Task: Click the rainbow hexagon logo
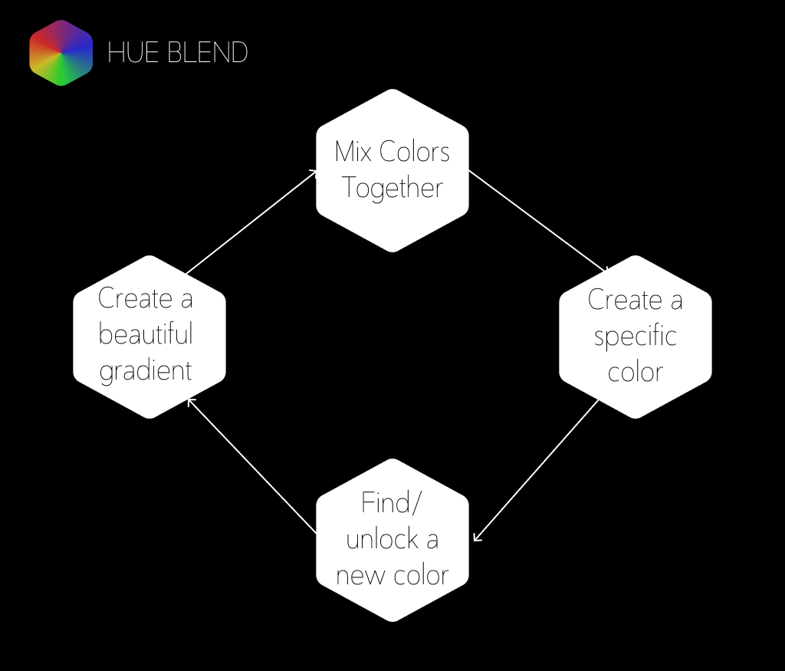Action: coord(61,53)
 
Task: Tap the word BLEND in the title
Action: coord(202,53)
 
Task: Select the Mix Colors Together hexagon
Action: coord(392,170)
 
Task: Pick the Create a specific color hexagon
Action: coord(635,337)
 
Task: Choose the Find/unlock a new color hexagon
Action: coord(392,540)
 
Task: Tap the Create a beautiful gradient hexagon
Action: coord(149,337)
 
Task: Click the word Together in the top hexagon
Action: coord(392,188)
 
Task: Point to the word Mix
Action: coord(353,151)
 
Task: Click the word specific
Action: coord(635,337)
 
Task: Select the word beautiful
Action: coord(146,335)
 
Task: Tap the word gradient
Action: coord(146,371)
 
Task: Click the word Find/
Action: coord(392,504)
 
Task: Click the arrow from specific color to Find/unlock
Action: coord(536,470)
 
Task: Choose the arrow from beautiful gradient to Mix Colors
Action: coord(251,222)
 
